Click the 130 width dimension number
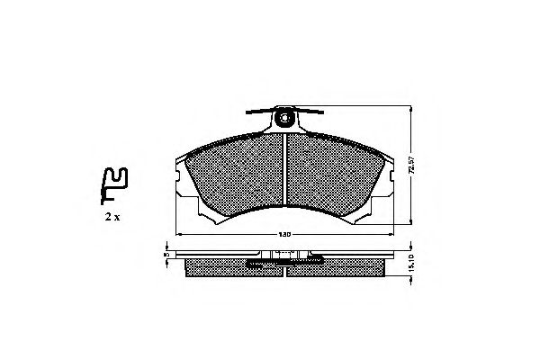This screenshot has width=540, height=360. pos(284,235)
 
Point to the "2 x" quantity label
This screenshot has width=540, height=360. pos(112,217)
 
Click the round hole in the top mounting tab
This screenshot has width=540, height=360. pos(286,116)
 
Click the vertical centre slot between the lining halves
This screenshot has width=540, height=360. pos(285,171)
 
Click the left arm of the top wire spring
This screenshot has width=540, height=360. pos(259,112)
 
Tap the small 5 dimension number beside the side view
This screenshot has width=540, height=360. pos(166,256)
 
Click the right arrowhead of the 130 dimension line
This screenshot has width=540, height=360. pos(392,235)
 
